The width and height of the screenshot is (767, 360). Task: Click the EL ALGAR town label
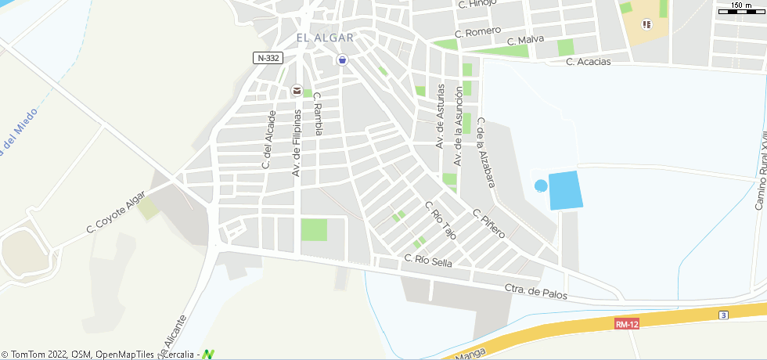(x=325, y=38)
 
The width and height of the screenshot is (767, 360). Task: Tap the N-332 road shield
(x=268, y=58)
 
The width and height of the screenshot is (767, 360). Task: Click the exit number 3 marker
(x=724, y=315)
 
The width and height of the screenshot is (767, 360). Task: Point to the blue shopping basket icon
(x=342, y=60)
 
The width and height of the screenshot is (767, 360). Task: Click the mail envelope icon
(x=297, y=91)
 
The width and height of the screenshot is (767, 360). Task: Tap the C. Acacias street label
(x=588, y=61)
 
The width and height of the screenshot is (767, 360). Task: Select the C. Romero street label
(x=477, y=32)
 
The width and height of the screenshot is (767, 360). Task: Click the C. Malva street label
(x=524, y=41)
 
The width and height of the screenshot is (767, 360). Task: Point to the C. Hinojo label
(x=477, y=5)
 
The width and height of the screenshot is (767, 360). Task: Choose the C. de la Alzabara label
(x=486, y=153)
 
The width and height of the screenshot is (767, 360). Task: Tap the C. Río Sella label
(x=428, y=261)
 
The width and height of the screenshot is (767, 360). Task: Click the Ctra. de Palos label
(x=535, y=292)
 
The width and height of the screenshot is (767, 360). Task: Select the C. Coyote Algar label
(x=116, y=213)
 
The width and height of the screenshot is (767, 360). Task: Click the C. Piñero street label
(x=489, y=224)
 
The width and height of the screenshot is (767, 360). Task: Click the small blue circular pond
(x=541, y=185)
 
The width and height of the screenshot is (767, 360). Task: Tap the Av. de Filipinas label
(x=297, y=142)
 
